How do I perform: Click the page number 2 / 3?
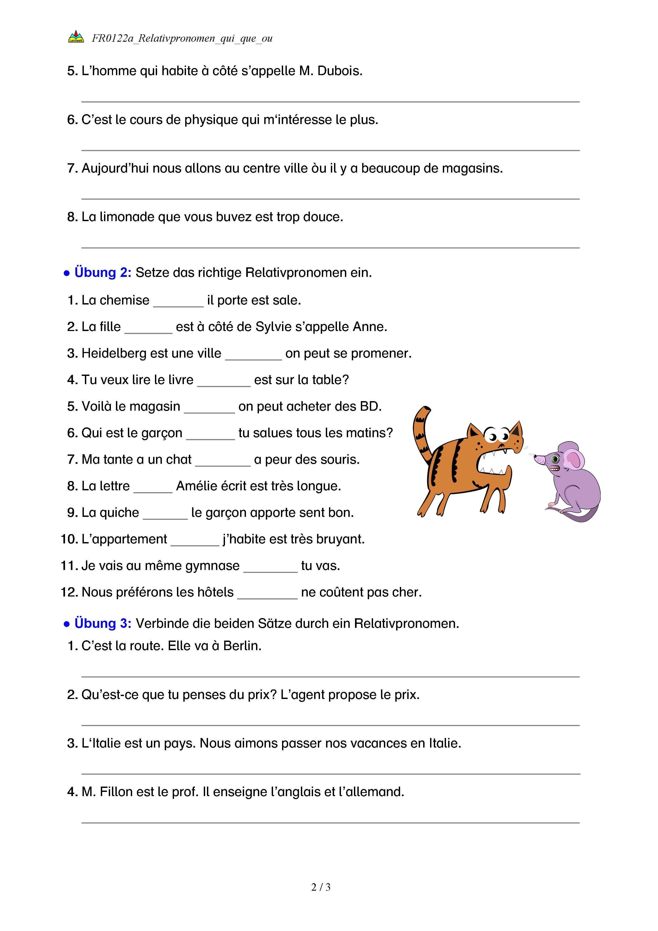(x=321, y=887)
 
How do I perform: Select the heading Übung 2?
(x=102, y=272)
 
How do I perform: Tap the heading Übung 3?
(x=102, y=623)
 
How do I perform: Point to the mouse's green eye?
(x=555, y=459)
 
